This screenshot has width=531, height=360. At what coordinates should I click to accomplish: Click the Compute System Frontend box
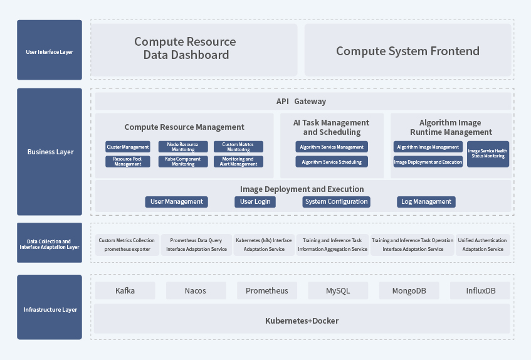point(407,51)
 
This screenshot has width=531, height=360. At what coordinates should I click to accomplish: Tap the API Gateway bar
point(302,102)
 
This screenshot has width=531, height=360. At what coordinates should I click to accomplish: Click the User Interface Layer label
point(50,51)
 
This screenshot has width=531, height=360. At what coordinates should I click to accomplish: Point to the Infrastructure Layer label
point(50,309)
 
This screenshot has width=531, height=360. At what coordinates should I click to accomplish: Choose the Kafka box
point(125,290)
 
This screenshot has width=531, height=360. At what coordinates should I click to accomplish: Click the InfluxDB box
point(480,290)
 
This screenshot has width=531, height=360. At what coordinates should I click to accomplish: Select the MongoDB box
point(409,290)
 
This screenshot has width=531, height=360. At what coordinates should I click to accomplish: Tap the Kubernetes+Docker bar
point(302,320)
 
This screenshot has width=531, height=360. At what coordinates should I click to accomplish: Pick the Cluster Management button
point(128,147)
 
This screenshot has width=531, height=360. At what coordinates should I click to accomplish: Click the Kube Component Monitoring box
point(183,161)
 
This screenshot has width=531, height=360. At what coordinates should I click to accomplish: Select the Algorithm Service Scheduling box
point(332,162)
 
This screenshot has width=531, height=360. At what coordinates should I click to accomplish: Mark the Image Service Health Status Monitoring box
point(488,154)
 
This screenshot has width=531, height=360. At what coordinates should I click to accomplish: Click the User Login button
point(255,201)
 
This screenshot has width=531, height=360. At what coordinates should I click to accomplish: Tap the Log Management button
point(426,201)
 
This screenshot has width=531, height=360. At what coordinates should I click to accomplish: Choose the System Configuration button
point(336,201)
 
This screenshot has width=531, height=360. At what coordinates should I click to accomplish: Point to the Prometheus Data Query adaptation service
point(196,245)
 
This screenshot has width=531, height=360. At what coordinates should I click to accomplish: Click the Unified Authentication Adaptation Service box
point(482,245)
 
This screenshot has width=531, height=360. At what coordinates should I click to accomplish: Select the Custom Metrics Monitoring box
point(238,147)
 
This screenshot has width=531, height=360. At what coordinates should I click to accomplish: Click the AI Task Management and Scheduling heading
point(332,127)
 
